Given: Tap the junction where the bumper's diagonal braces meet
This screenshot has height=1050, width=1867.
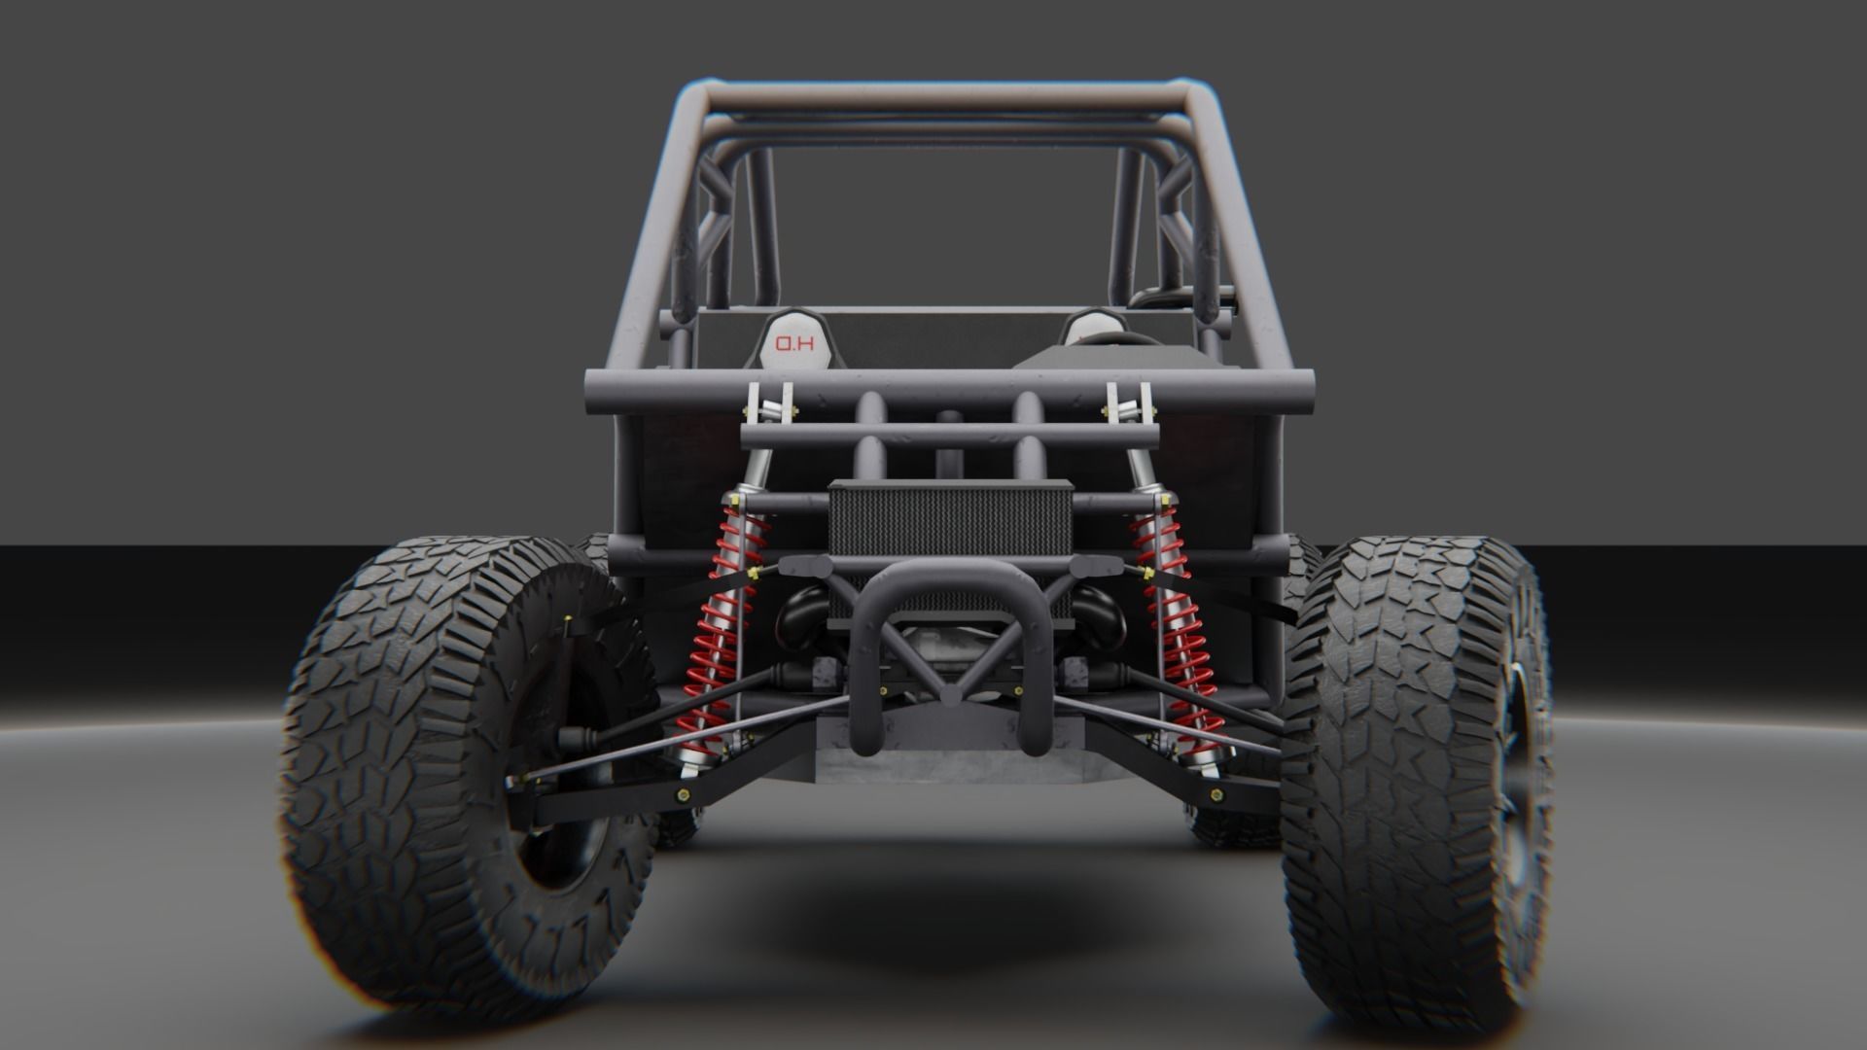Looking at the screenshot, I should tap(951, 692).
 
